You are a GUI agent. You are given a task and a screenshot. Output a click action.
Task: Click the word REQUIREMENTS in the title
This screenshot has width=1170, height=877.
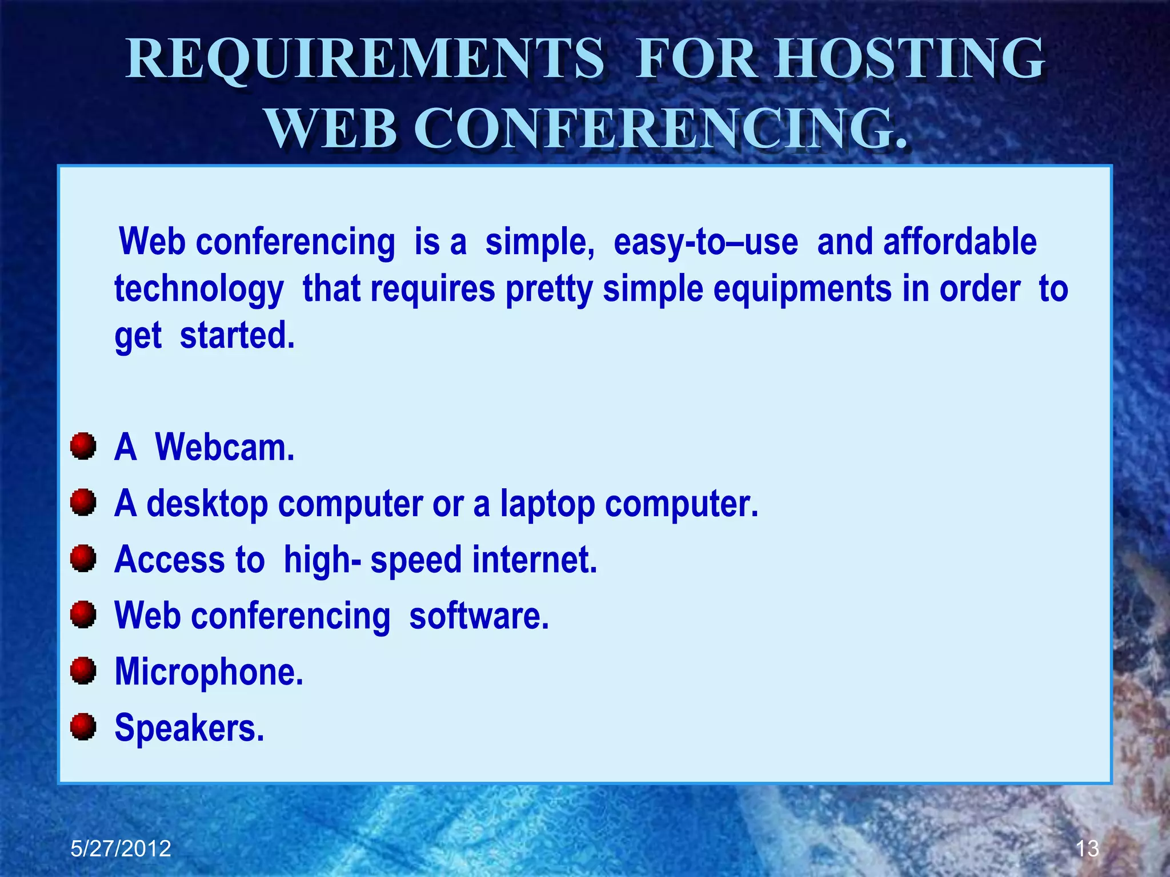pos(364,59)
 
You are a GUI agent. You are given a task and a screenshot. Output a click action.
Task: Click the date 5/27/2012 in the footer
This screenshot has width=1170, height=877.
pos(121,848)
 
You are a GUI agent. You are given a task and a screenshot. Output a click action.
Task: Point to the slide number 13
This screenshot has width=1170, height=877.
pos(1087,848)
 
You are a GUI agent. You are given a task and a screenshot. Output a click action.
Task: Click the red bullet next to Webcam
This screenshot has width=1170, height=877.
pos(83,446)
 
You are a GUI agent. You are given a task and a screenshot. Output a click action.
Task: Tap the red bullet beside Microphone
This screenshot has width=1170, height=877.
pos(83,670)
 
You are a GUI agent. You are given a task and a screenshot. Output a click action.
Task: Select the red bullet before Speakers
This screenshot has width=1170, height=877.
pos(83,726)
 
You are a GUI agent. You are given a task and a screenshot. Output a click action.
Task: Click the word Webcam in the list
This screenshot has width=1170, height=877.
pos(225,447)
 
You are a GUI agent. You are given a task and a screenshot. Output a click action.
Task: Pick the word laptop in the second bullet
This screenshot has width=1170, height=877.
pos(547,504)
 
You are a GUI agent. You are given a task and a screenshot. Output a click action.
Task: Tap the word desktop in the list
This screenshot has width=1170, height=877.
pos(207,504)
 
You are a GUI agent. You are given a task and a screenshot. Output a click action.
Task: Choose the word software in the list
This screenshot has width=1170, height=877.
pos(479,615)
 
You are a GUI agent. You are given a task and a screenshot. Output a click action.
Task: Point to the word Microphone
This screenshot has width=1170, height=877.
pos(209,672)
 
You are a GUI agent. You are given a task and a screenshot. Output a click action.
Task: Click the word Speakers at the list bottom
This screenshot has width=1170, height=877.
pos(189,728)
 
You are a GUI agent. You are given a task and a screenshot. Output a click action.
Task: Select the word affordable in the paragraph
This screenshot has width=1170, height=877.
pos(960,242)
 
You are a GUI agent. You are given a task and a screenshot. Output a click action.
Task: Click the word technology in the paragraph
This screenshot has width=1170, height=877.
pos(199,289)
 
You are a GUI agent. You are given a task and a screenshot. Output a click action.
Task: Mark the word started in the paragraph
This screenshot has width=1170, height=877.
pos(237,335)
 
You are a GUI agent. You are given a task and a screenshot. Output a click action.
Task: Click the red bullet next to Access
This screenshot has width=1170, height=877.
pos(83,558)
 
